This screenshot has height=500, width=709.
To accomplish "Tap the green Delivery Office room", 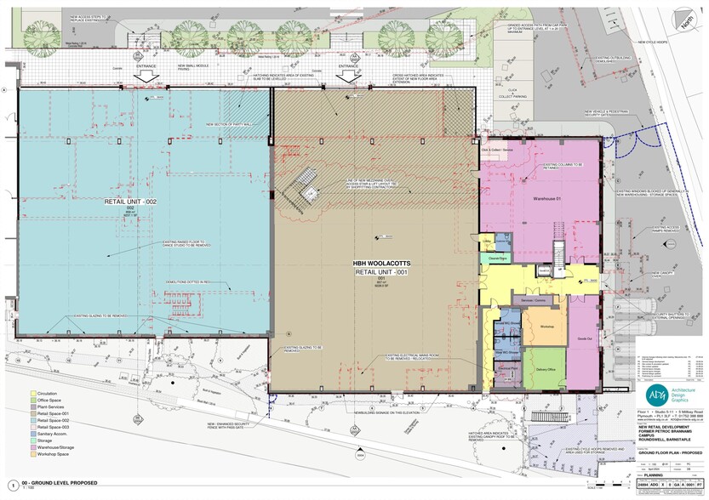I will (x=545, y=369).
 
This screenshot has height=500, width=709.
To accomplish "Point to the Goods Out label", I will (x=584, y=338).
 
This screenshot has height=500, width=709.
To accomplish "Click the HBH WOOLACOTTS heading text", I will (x=375, y=264).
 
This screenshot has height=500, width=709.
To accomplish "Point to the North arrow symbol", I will (x=685, y=21).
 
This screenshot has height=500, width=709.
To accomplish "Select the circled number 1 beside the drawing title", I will (x=10, y=485).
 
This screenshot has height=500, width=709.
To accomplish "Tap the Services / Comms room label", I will (x=534, y=299).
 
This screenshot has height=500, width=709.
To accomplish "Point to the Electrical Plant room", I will (x=508, y=368).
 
